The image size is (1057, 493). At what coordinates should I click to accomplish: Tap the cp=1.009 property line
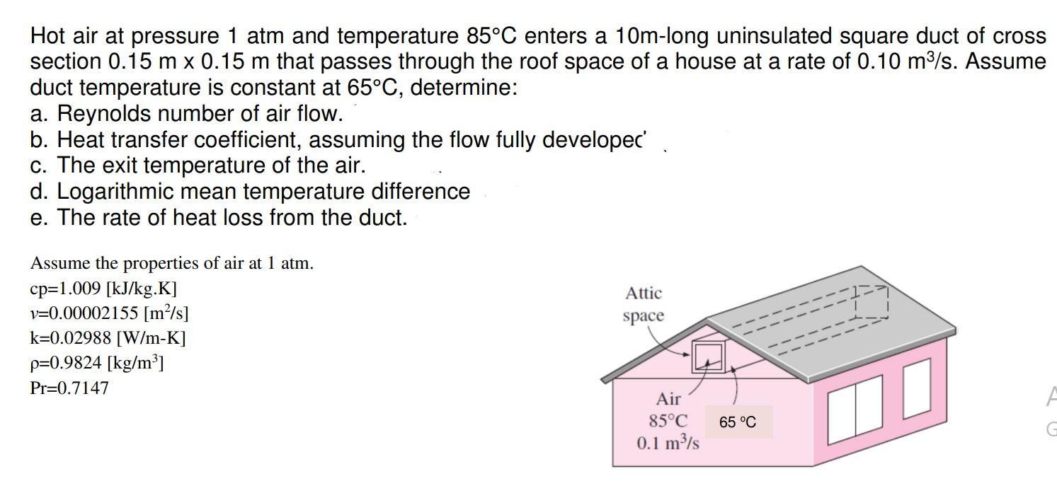(103, 289)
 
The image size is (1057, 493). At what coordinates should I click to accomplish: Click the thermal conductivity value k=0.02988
(108, 337)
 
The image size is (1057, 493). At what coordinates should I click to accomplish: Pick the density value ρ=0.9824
(97, 363)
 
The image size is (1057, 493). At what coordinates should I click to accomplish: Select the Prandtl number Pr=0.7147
(69, 388)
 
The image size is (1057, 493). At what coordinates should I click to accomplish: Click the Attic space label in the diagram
(644, 304)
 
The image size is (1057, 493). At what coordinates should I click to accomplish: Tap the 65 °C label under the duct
(737, 422)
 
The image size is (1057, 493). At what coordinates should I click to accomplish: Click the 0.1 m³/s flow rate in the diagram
(668, 443)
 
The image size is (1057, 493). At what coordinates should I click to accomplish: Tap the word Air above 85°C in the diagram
(668, 399)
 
